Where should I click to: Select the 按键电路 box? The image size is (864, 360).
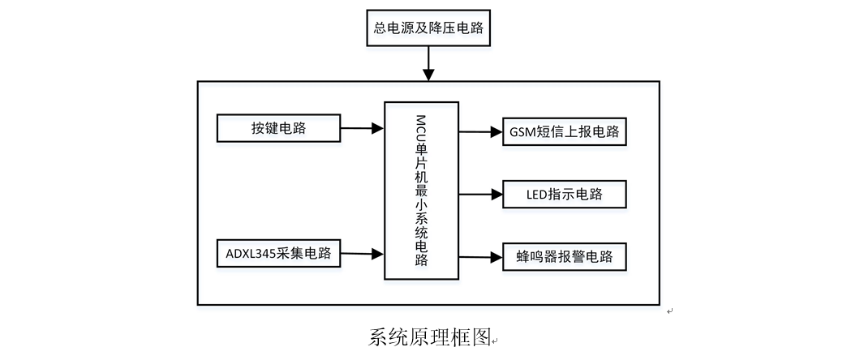[278, 128]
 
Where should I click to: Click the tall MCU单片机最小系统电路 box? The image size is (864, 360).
[421, 191]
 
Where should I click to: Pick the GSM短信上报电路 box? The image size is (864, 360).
[564, 131]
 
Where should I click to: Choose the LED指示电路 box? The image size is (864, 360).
[564, 195]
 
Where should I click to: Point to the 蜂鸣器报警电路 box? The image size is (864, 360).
[564, 258]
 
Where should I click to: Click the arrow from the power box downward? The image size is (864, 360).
[428, 63]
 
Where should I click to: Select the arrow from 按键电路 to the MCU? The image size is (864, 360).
[362, 128]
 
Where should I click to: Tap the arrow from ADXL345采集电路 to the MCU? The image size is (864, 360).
[362, 253]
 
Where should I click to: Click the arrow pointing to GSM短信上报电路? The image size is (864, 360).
[479, 131]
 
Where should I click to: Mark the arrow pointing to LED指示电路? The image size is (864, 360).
[479, 195]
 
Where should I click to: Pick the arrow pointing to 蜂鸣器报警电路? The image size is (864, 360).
[479, 258]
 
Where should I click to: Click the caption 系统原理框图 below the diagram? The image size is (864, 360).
[430, 338]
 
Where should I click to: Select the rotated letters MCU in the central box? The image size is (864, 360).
[421, 131]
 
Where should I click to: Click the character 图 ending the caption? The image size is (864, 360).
[480, 338]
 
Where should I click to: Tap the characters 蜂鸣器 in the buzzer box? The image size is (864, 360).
[535, 259]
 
